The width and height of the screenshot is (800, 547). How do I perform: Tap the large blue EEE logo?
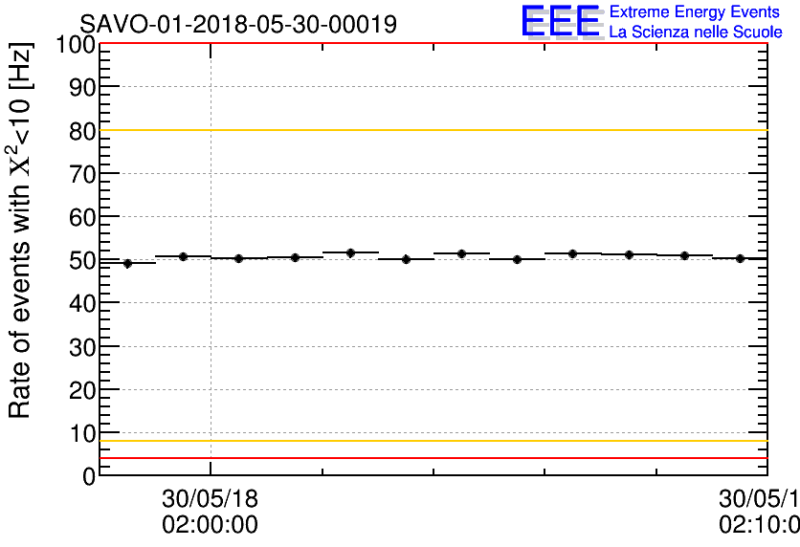561,22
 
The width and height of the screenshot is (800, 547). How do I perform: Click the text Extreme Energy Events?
694,12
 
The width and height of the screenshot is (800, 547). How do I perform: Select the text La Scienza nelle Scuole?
695,33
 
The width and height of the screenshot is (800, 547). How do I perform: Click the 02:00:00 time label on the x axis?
210,525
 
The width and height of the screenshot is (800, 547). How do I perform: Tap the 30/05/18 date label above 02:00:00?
210,499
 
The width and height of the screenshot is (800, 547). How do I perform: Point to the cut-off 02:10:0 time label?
760,525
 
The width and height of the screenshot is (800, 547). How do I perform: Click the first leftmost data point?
127,263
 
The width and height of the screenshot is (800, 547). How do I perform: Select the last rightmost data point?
740,258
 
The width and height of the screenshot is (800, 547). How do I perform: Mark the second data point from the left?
183,256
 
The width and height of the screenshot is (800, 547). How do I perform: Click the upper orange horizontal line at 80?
431,130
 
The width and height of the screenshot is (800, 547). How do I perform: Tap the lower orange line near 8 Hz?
431,441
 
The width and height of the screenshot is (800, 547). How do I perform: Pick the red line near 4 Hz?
431,458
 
